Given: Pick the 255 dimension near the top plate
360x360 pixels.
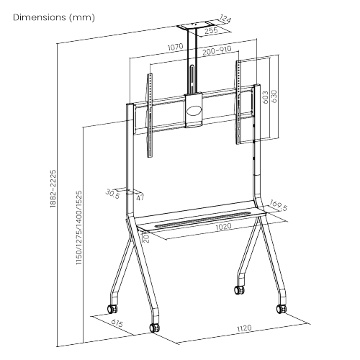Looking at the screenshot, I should (210, 32).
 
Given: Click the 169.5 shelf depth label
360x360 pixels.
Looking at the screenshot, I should (278, 207).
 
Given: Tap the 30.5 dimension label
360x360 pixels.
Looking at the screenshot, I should (112, 193).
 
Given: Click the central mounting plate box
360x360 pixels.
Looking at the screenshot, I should (194, 110).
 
